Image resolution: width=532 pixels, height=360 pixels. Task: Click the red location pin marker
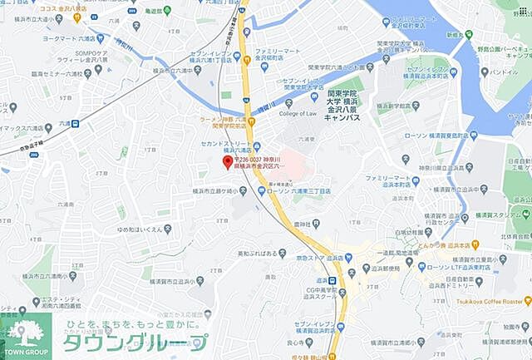(228, 161)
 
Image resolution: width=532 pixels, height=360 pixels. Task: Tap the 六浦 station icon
(75, 123)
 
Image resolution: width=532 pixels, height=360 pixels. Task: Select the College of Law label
(299, 113)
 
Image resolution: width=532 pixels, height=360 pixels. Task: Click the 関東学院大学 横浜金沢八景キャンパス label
(342, 106)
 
